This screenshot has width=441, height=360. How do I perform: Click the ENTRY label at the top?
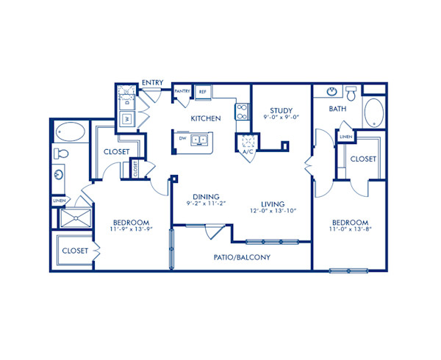click(x=153, y=82)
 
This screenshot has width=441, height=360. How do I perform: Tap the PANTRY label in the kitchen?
click(x=182, y=92)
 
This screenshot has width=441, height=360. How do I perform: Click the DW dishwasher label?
click(x=181, y=137)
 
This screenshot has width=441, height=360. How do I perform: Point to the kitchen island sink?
click(x=199, y=139)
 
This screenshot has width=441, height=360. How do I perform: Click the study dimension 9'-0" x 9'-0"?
click(x=281, y=118)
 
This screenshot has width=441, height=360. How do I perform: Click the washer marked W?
click(x=126, y=118)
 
